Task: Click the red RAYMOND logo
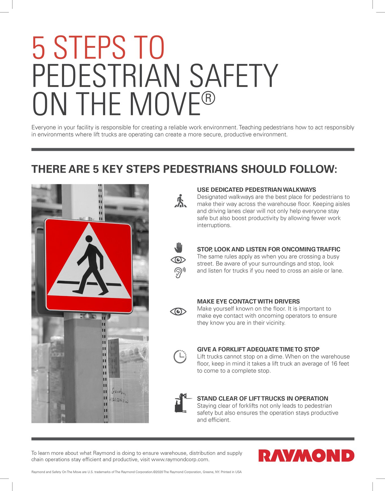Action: (306, 455)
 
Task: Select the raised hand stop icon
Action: (179, 247)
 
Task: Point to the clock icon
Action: (180, 357)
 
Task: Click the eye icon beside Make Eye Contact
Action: (178, 311)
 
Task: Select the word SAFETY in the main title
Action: (234, 76)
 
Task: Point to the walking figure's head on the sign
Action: (89, 239)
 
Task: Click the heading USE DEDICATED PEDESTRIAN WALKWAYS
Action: (256, 190)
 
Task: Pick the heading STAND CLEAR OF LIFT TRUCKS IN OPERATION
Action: (262, 398)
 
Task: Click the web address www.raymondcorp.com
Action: (180, 459)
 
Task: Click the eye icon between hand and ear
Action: (178, 260)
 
